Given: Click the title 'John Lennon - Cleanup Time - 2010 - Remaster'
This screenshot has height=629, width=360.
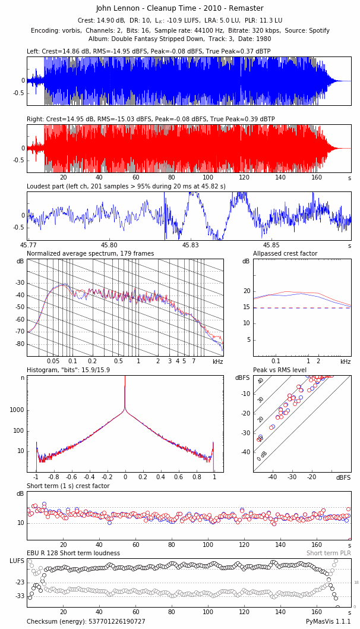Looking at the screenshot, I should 179,8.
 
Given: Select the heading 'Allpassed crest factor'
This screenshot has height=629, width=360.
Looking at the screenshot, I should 285,254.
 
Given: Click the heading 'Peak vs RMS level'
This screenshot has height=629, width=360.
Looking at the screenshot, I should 280,370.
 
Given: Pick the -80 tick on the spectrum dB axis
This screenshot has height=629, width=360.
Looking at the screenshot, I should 20,344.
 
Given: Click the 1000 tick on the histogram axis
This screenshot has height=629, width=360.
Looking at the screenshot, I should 17,410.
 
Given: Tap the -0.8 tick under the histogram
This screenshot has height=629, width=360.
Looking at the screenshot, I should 53,477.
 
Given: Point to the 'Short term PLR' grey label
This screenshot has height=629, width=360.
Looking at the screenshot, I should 329,553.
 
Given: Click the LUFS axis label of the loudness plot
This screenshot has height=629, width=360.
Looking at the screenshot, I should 17,561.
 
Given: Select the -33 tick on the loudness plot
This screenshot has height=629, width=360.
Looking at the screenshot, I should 20,596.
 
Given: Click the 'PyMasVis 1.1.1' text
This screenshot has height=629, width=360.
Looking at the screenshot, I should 329,622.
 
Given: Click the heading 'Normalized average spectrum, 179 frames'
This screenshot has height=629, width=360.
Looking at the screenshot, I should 90,254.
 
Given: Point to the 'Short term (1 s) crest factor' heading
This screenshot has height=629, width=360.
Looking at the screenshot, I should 68,486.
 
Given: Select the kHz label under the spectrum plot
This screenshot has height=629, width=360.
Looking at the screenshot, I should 218,361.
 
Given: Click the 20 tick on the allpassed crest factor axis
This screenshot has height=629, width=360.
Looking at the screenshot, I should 247,291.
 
